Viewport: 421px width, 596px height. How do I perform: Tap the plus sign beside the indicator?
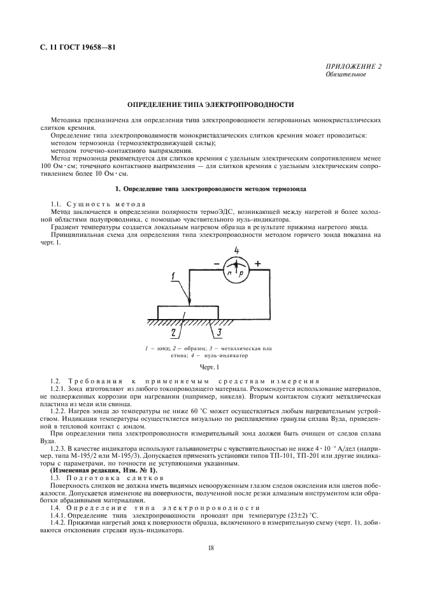pos(257,262)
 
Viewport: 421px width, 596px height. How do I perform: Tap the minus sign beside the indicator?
pos(216,262)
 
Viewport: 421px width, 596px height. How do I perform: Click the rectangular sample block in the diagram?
pos(189,312)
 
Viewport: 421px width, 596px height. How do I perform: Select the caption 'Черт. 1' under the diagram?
pos(210,367)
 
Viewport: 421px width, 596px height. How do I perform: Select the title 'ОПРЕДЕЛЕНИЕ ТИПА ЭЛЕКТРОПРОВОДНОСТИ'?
pos(210,103)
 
